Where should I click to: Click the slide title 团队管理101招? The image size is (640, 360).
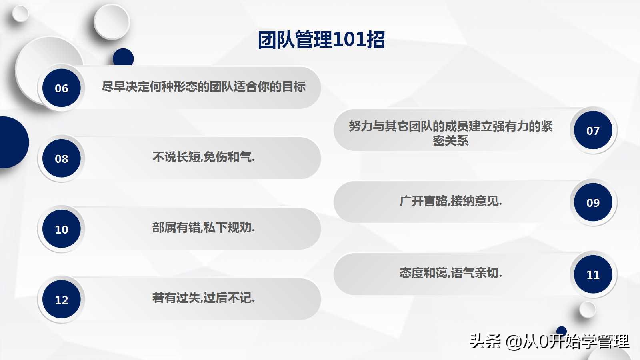[321, 40]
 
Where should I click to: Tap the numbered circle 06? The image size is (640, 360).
[62, 88]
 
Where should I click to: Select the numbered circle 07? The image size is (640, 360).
[593, 130]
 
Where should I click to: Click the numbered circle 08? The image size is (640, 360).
[62, 158]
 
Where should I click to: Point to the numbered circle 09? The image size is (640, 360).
[593, 202]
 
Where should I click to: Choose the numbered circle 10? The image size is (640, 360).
[62, 229]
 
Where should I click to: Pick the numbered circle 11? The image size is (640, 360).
[593, 274]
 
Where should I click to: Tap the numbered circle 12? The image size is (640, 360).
[62, 300]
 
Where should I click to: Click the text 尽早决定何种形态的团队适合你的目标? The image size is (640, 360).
[204, 87]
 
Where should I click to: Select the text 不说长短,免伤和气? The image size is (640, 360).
[204, 157]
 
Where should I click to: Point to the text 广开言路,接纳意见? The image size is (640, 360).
[451, 201]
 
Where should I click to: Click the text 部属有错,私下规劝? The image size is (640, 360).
[204, 228]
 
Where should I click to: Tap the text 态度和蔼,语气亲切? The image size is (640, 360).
[451, 273]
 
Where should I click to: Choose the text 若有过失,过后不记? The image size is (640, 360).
[204, 298]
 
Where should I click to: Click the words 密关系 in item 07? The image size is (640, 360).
[451, 141]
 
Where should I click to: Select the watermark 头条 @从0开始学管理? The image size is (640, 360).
[549, 342]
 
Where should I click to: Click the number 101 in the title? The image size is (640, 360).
[349, 40]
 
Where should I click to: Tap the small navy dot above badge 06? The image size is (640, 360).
[123, 57]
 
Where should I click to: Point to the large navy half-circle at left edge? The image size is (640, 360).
[12, 142]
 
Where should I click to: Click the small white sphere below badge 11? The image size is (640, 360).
[588, 310]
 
